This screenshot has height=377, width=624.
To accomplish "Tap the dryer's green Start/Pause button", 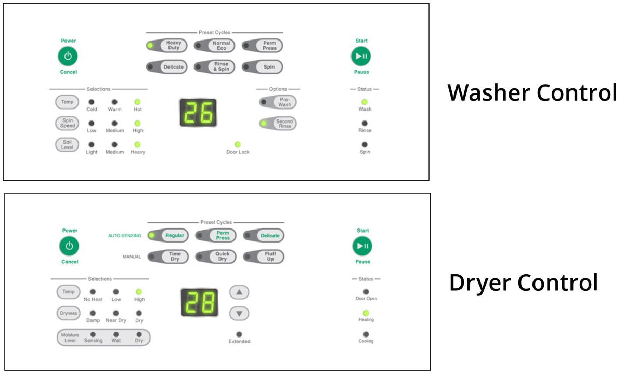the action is click(362, 246).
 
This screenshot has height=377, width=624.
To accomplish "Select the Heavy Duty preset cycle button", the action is click(166, 45).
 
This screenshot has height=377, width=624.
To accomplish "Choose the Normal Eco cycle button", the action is click(214, 45).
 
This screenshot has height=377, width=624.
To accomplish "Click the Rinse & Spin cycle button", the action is click(214, 67).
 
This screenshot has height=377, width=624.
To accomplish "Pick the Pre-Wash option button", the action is click(278, 102).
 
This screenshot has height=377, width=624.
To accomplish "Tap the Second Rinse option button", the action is click(278, 123).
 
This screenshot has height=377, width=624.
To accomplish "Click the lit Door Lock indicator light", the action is click(238, 144).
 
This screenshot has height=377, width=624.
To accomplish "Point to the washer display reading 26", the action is click(198, 112).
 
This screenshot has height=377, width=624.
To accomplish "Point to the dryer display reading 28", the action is click(200, 302).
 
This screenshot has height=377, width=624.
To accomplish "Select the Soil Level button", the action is click(67, 145).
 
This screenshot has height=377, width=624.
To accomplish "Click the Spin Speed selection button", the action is click(67, 123).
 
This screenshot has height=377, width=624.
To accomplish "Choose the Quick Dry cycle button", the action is click(216, 257).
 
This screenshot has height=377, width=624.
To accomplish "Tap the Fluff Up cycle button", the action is click(264, 257).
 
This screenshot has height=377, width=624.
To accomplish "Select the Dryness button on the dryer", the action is click(69, 313).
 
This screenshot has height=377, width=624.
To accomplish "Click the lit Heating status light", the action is click(366, 313).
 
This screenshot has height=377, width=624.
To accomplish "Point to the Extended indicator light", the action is click(239, 334).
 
